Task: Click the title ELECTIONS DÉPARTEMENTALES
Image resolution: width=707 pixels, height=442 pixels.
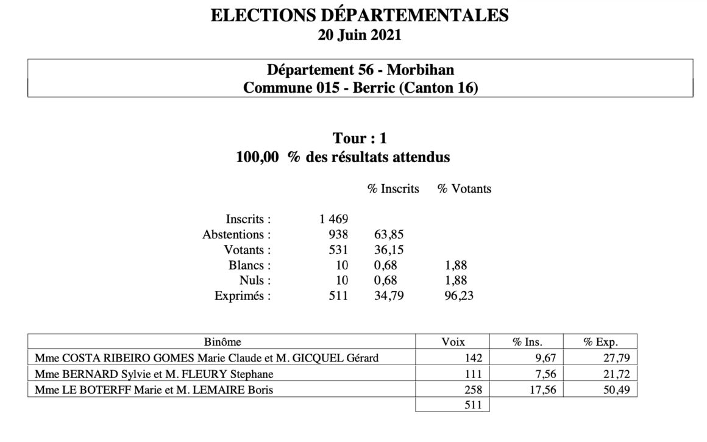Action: [x=360, y=16]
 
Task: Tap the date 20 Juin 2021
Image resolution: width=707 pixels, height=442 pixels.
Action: [x=360, y=35]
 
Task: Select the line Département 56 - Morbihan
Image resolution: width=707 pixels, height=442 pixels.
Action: [x=360, y=70]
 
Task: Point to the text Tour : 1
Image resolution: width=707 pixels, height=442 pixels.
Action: [x=360, y=138]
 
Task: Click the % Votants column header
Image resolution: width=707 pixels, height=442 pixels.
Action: [x=464, y=189]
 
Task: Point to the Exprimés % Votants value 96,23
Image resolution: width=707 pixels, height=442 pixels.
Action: [x=456, y=297]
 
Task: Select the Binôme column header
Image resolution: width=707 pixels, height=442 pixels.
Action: [x=221, y=342]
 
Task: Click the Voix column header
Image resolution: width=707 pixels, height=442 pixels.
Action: [x=452, y=342]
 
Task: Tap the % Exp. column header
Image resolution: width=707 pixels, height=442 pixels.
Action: [x=600, y=342]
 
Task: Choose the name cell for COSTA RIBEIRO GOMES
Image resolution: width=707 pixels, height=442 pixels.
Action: [x=207, y=358]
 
